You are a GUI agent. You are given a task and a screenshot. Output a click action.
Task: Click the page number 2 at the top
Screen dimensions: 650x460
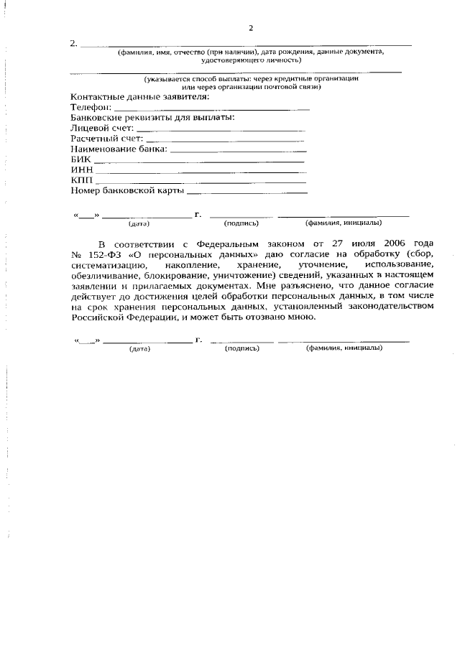[250, 28]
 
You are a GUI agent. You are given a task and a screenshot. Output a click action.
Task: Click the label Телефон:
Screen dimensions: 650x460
[92, 107]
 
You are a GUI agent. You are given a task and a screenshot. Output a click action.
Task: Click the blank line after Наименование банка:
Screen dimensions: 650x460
[238, 151]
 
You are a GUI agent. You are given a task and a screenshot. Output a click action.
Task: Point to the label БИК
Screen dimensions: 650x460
[80, 159]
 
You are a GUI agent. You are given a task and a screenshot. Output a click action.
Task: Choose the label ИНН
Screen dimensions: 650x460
[81, 170]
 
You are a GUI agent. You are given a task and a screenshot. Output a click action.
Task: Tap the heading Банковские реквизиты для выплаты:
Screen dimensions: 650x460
[153, 117]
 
